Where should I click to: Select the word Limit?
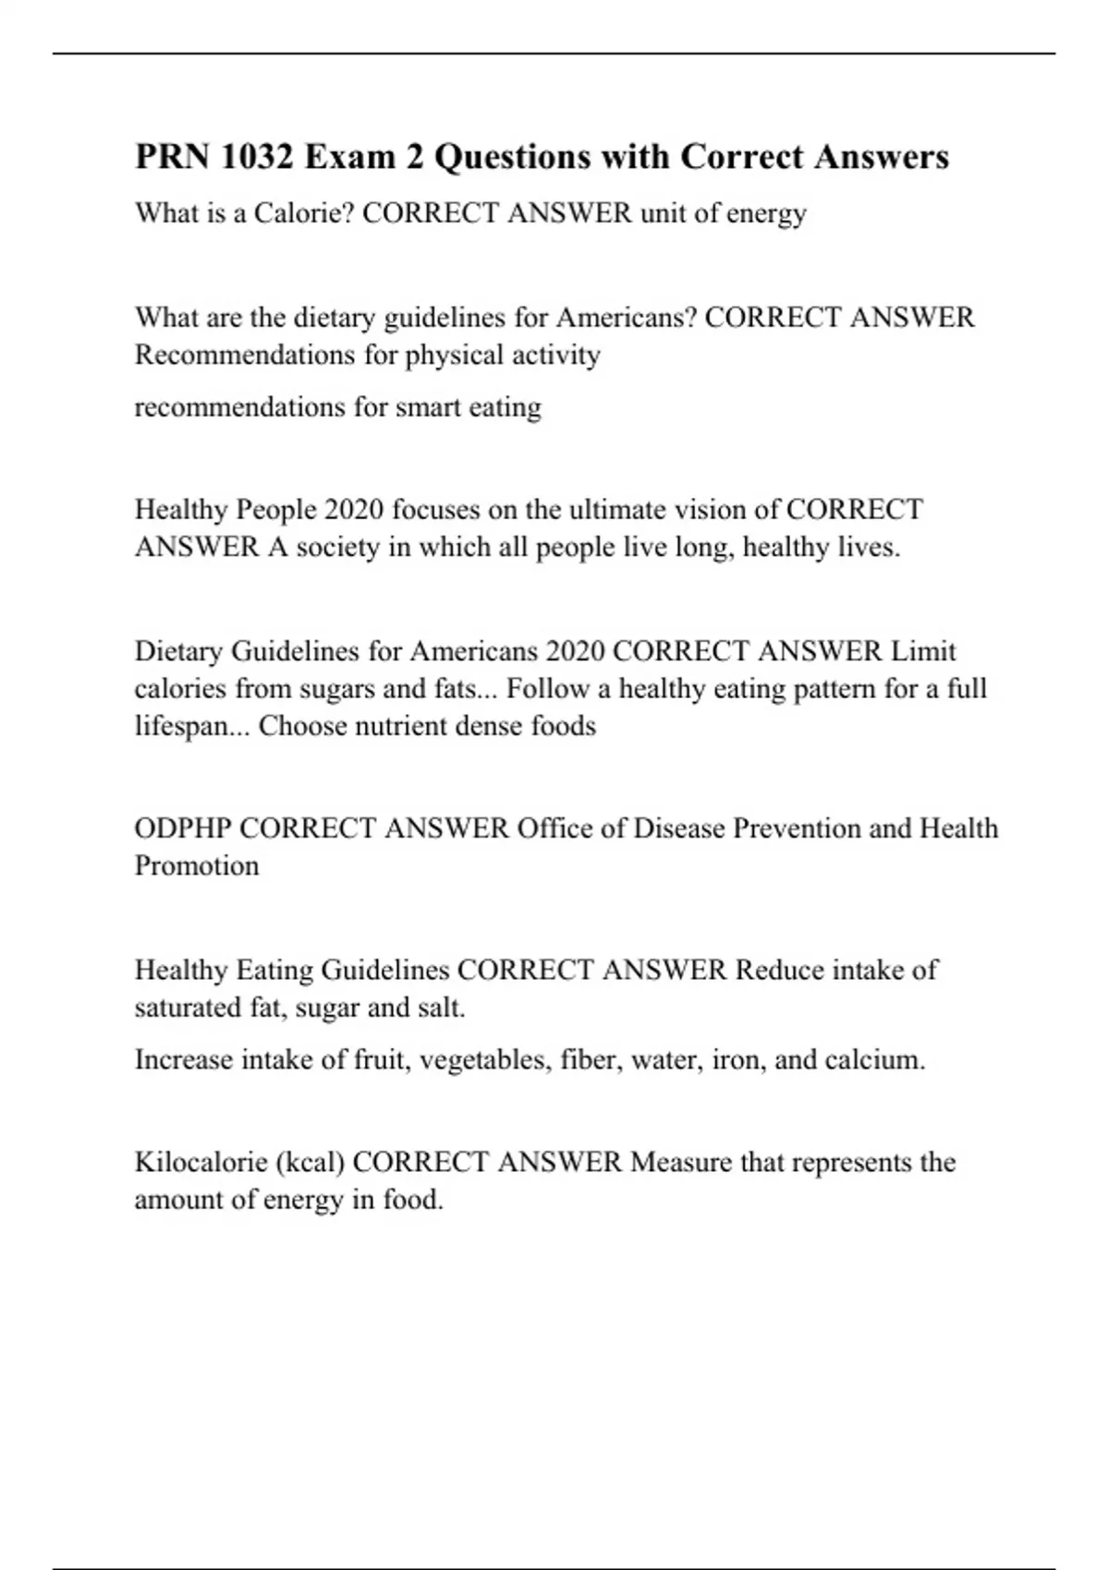(923, 651)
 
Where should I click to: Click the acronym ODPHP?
(183, 828)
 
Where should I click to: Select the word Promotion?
(197, 866)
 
